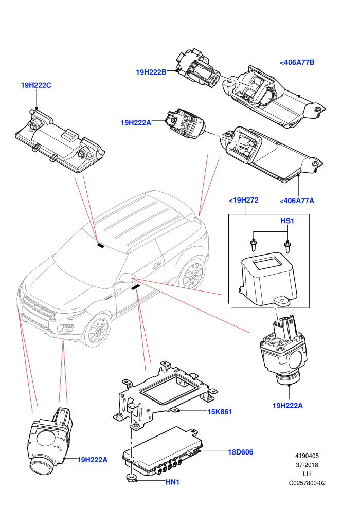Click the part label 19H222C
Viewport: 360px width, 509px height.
pyautogui.click(x=36, y=85)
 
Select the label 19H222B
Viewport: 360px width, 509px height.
pyautogui.click(x=151, y=72)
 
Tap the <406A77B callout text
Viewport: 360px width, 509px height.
pyautogui.click(x=297, y=62)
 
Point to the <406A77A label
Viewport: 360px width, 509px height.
pyautogui.click(x=297, y=201)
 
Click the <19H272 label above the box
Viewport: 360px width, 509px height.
pyautogui.click(x=243, y=200)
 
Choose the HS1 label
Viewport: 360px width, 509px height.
pyautogui.click(x=287, y=221)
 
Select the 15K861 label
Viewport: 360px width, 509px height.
pyautogui.click(x=220, y=412)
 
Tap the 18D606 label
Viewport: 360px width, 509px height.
pyautogui.click(x=241, y=452)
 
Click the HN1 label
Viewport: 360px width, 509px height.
pyautogui.click(x=172, y=482)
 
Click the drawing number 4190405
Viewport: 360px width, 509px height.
pyautogui.click(x=307, y=456)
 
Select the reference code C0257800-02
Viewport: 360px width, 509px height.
pyautogui.click(x=307, y=483)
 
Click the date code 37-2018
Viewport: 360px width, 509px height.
pyautogui.click(x=307, y=465)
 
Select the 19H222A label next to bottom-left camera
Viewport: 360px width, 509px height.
pyautogui.click(x=92, y=460)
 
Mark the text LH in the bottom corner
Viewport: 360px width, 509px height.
pyautogui.click(x=307, y=474)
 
